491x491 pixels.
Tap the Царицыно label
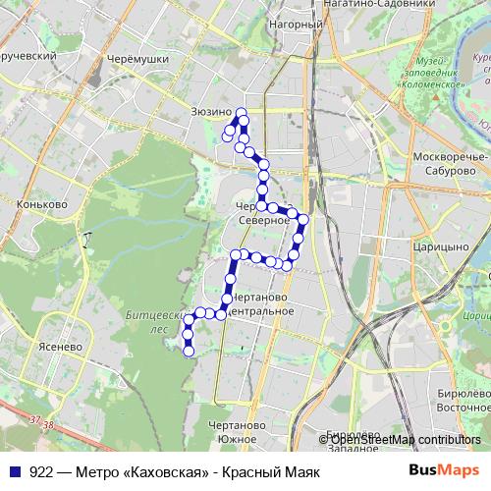(x=439, y=247)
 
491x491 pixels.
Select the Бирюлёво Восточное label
(x=462, y=399)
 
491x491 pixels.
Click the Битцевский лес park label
(x=147, y=323)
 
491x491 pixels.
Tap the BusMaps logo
(x=445, y=471)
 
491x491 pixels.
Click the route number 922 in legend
(x=41, y=472)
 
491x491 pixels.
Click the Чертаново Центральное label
(x=257, y=303)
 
